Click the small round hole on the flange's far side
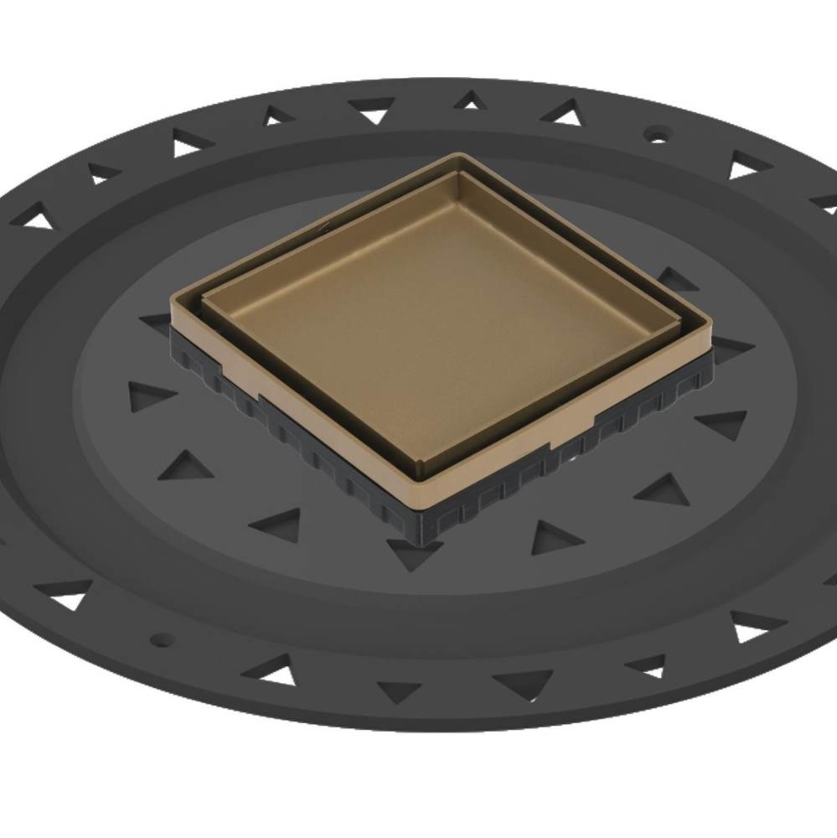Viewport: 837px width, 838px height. [658, 133]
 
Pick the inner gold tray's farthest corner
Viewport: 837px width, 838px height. [459, 173]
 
